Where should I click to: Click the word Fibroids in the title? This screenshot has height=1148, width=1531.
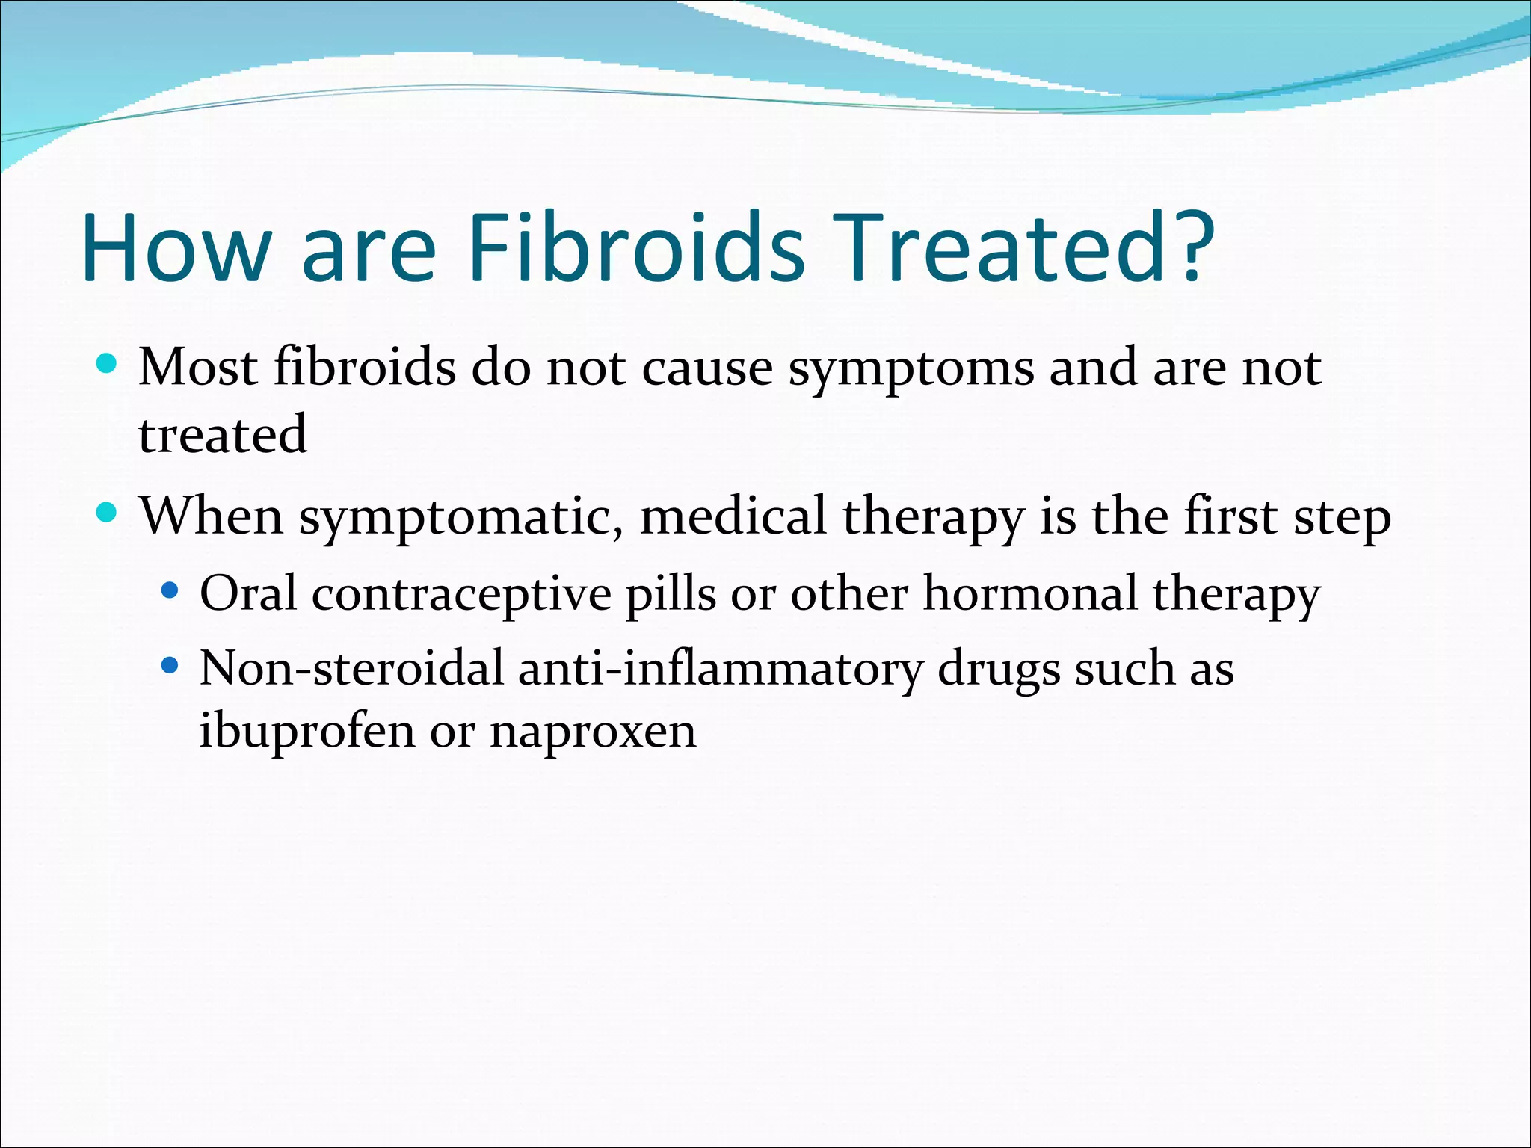pos(636,247)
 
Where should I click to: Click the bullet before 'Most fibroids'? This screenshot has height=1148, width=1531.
pos(108,364)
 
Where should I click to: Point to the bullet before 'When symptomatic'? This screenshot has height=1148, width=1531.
pos(108,513)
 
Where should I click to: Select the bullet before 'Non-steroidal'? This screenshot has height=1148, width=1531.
pos(170,664)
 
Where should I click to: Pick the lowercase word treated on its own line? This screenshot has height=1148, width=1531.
pos(223,435)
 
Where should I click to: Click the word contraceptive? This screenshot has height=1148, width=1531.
pos(461,596)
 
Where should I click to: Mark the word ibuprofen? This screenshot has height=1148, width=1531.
pos(306,732)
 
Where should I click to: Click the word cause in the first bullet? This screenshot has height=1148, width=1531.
pos(707,370)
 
